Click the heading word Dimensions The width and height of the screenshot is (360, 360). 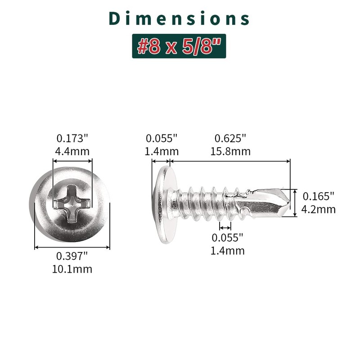[179, 18]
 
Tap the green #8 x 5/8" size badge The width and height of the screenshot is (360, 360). [179, 46]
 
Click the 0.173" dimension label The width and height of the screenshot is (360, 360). [72, 139]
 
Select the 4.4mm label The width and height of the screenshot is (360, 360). [72, 152]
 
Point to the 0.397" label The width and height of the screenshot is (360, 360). [72, 256]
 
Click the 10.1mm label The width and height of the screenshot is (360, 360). [72, 269]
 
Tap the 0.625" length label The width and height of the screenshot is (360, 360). [230, 139]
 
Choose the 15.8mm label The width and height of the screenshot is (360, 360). [230, 152]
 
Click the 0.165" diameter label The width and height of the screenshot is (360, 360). [319, 196]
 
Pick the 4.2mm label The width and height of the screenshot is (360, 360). [319, 209]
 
